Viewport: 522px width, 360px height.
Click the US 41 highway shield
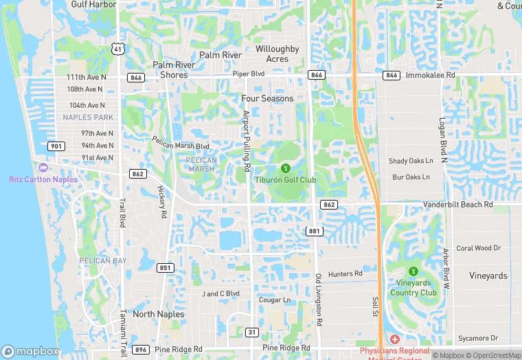(x=119, y=49)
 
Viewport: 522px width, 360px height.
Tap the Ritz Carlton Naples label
(x=43, y=179)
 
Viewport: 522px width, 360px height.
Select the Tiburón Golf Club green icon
(x=286, y=168)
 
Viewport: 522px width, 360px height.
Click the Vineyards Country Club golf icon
(x=413, y=271)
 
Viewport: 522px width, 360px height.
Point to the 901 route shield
(x=56, y=146)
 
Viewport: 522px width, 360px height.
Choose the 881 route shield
(x=315, y=231)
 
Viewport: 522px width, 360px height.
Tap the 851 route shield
(x=165, y=268)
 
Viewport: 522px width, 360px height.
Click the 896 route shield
(x=141, y=350)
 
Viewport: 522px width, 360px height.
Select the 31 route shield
(x=252, y=333)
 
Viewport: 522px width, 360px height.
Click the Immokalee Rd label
(x=431, y=75)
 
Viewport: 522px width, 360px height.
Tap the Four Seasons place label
(x=267, y=98)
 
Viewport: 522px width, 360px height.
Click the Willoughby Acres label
(x=277, y=54)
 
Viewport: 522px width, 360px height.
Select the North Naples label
(x=159, y=314)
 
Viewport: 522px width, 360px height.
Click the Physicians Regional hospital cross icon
(x=395, y=339)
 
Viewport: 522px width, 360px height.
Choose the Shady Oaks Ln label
(x=411, y=161)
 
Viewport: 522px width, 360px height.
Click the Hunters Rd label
(x=345, y=274)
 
